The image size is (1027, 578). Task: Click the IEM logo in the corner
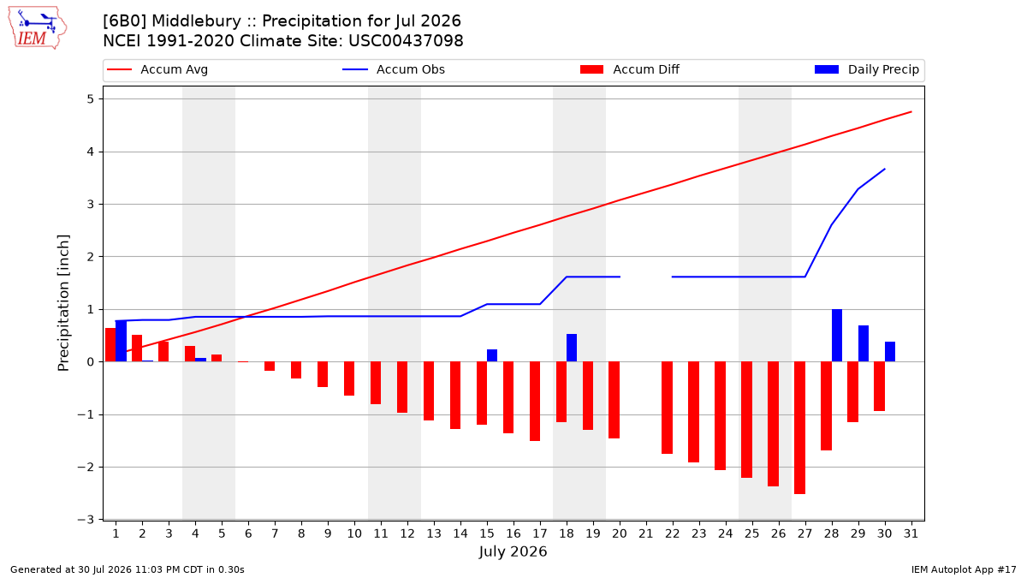tap(38, 28)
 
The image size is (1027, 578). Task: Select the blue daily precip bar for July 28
tap(837, 336)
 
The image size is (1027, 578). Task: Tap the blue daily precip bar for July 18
tap(572, 348)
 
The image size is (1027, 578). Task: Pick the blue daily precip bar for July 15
tap(492, 355)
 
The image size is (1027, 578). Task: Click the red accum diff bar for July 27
tap(799, 428)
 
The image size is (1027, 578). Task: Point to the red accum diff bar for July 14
tap(455, 396)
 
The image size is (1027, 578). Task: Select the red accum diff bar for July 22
tap(667, 408)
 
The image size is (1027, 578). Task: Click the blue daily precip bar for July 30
tap(890, 352)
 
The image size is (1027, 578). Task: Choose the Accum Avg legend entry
tap(157, 69)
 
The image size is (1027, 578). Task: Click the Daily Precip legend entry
tap(866, 69)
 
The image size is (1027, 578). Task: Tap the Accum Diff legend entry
tap(630, 69)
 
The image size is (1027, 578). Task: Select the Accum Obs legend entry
tap(394, 69)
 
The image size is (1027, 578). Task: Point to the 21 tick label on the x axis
tap(646, 533)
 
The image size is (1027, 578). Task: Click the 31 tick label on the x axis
tap(911, 533)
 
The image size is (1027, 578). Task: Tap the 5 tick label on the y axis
tap(90, 99)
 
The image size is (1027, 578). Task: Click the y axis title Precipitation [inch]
tap(63, 303)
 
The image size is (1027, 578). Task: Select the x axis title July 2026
tap(513, 551)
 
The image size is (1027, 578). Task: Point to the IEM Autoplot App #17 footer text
tap(964, 569)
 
